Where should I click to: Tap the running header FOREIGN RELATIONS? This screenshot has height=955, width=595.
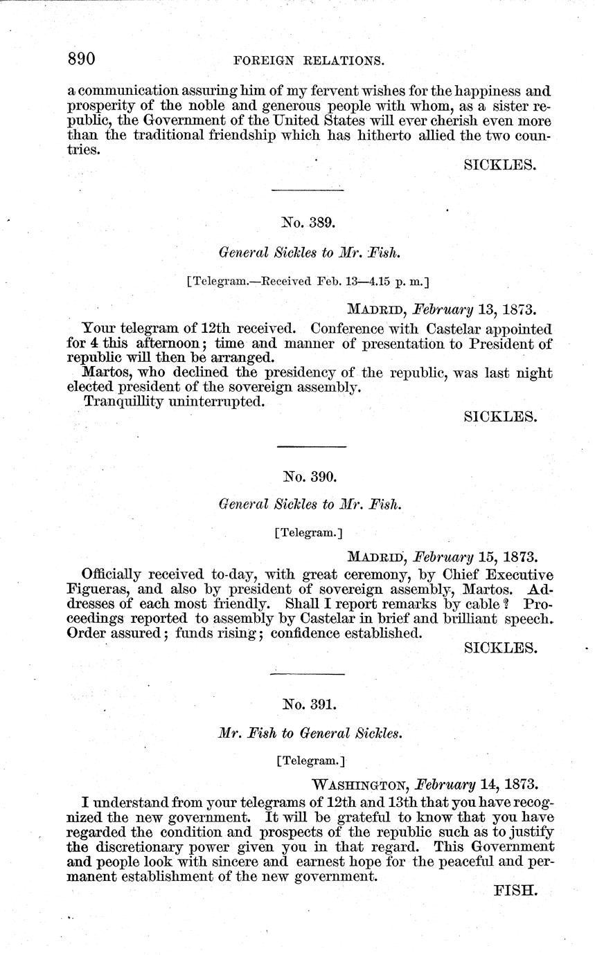coord(309,61)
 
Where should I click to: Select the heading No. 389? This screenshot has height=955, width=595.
coord(309,222)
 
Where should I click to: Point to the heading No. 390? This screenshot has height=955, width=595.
coord(309,476)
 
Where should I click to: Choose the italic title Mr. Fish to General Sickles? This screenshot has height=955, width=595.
coord(309,734)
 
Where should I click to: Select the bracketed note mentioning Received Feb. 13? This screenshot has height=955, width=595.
coord(309,282)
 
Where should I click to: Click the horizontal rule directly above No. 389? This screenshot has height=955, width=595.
coord(309,190)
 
